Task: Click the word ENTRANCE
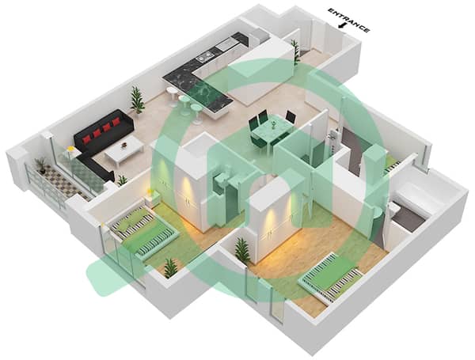click(349, 20)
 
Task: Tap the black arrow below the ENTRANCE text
click(342, 26)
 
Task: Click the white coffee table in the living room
click(124, 150)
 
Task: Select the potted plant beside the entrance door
click(295, 51)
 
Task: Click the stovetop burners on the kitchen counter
click(204, 56)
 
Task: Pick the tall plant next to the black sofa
click(137, 100)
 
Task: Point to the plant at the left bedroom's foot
click(170, 268)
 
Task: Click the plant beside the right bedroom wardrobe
click(242, 250)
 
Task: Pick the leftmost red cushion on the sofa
click(87, 139)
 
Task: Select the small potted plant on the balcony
click(41, 166)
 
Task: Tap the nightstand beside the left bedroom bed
click(151, 199)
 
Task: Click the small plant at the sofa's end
click(122, 180)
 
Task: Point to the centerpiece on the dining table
click(274, 125)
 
